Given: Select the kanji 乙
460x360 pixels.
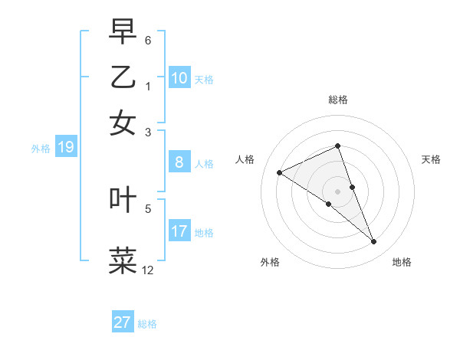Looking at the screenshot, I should tap(123, 77).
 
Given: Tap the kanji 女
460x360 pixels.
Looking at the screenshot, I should tap(123, 122).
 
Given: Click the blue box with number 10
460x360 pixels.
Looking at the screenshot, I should tap(179, 77).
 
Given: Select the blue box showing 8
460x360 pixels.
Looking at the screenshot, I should tap(179, 162).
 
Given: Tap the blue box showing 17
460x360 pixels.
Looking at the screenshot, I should tap(179, 231).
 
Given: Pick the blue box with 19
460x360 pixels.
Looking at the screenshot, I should tap(66, 147).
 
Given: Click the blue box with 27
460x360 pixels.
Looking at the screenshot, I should tap(123, 322).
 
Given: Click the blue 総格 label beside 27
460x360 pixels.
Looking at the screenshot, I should tap(148, 324).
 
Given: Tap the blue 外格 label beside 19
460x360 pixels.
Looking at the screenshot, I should tap(41, 149).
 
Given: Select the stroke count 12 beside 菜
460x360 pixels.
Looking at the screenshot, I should tap(147, 270).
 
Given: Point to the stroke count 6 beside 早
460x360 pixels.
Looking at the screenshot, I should tap(148, 39).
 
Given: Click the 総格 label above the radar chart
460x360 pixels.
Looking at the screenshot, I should tap(338, 100).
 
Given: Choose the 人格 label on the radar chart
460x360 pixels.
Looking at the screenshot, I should tap(245, 159).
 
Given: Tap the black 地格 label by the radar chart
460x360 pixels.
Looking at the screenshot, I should tap(402, 262).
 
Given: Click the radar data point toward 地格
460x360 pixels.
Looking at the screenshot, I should tap(374, 242).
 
